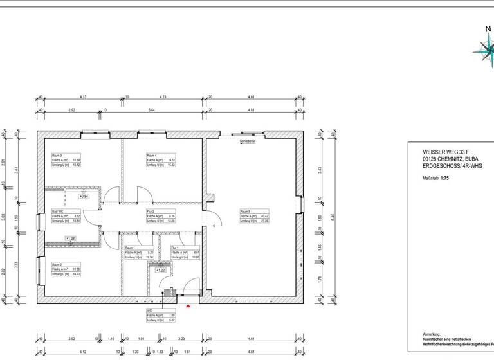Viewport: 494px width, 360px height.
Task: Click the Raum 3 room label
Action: click(57, 156)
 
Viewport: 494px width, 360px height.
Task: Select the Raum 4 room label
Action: click(152, 156)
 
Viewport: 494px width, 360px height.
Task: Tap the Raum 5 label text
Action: click(246, 212)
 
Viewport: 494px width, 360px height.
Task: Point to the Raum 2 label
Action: click(57, 264)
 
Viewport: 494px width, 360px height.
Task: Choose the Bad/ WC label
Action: click(58, 212)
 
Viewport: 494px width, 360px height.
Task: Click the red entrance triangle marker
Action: click(188, 307)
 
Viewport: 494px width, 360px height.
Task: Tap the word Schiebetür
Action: click(248, 139)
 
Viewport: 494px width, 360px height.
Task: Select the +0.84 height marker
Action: click(84, 196)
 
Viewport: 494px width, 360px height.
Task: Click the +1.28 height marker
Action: click(71, 239)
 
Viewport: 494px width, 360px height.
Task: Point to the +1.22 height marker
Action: click(161, 271)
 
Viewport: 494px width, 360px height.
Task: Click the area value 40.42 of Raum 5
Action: click(264, 216)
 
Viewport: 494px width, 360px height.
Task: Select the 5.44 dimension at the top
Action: click(152, 110)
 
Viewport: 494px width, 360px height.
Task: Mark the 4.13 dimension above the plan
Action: click(82, 97)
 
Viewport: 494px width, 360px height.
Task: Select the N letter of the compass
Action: click(488, 28)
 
